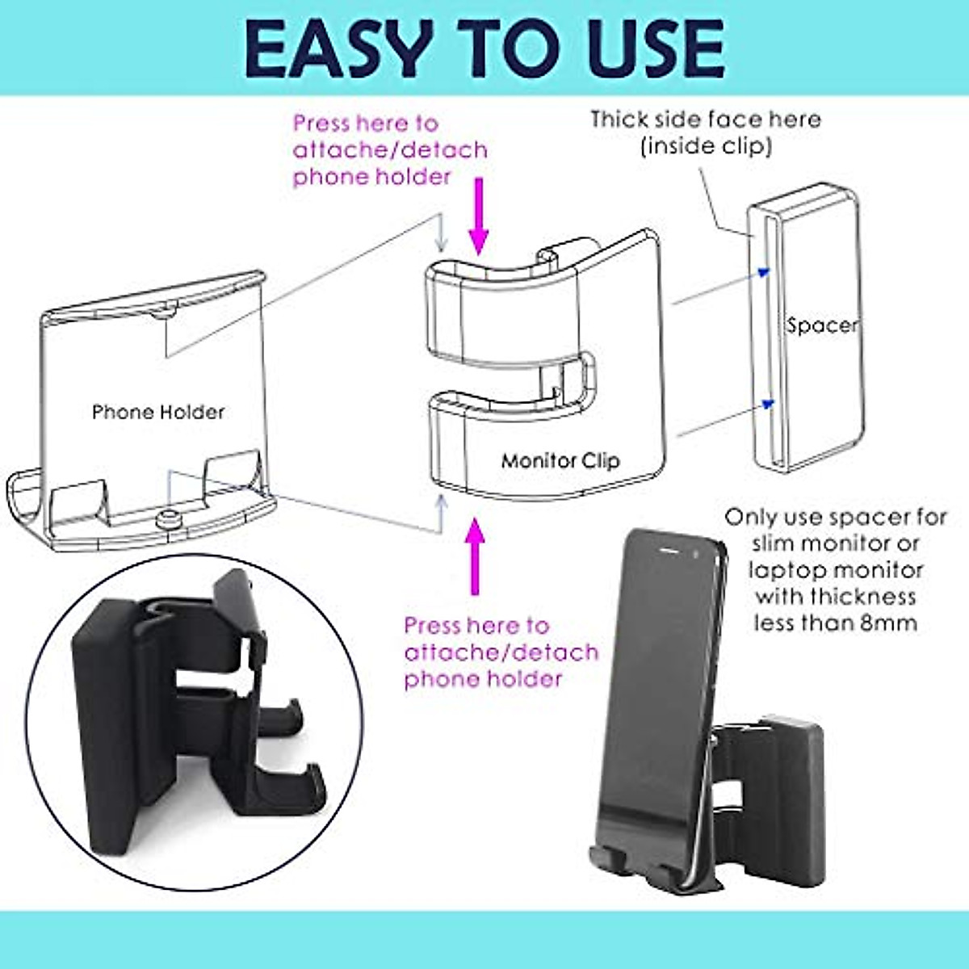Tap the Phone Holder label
(158, 413)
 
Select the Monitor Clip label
(560, 461)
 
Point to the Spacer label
(821, 326)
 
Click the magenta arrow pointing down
(479, 215)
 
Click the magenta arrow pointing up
(475, 557)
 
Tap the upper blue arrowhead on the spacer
(766, 273)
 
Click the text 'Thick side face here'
(705, 120)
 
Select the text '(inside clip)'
(706, 147)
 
